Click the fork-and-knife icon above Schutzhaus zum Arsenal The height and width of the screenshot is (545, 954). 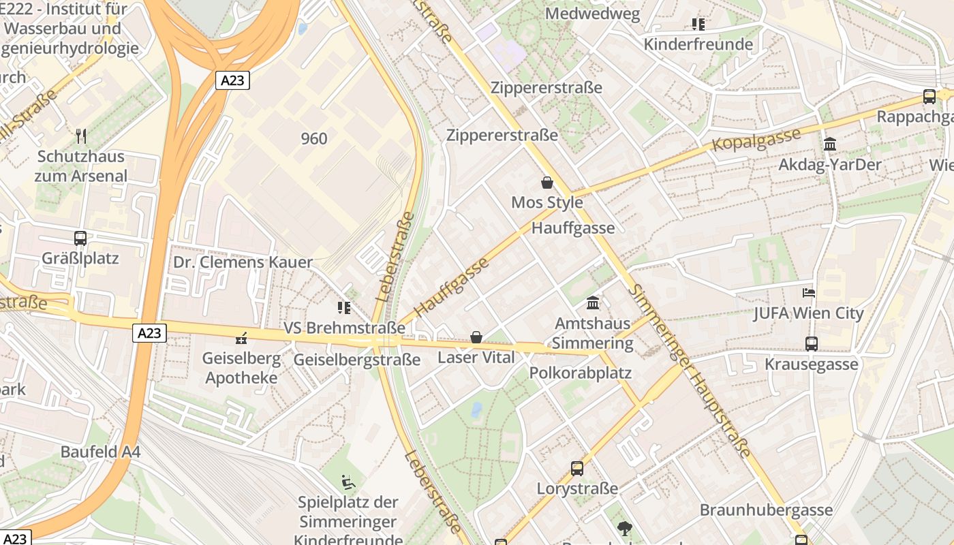click(81, 136)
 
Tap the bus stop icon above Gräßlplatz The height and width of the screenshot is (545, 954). click(80, 238)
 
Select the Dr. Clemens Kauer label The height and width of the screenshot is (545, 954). click(243, 262)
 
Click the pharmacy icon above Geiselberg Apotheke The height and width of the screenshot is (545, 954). click(241, 338)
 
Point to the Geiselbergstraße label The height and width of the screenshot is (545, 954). click(356, 360)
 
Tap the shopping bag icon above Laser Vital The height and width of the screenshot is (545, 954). click(476, 337)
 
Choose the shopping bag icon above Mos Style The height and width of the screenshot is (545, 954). click(547, 183)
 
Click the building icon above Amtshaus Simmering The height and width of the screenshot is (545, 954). click(593, 302)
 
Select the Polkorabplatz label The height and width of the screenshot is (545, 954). click(580, 373)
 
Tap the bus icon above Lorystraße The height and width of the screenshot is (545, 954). click(576, 469)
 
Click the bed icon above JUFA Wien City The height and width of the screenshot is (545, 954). click(809, 294)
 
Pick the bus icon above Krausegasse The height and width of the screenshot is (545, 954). click(811, 344)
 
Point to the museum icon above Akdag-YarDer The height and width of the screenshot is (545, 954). click(829, 144)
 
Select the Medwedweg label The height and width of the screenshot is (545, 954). click(592, 14)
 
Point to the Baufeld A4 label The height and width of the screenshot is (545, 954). click(100, 452)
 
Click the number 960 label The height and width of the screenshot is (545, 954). click(313, 139)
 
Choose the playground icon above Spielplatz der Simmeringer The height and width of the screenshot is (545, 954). click(348, 482)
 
